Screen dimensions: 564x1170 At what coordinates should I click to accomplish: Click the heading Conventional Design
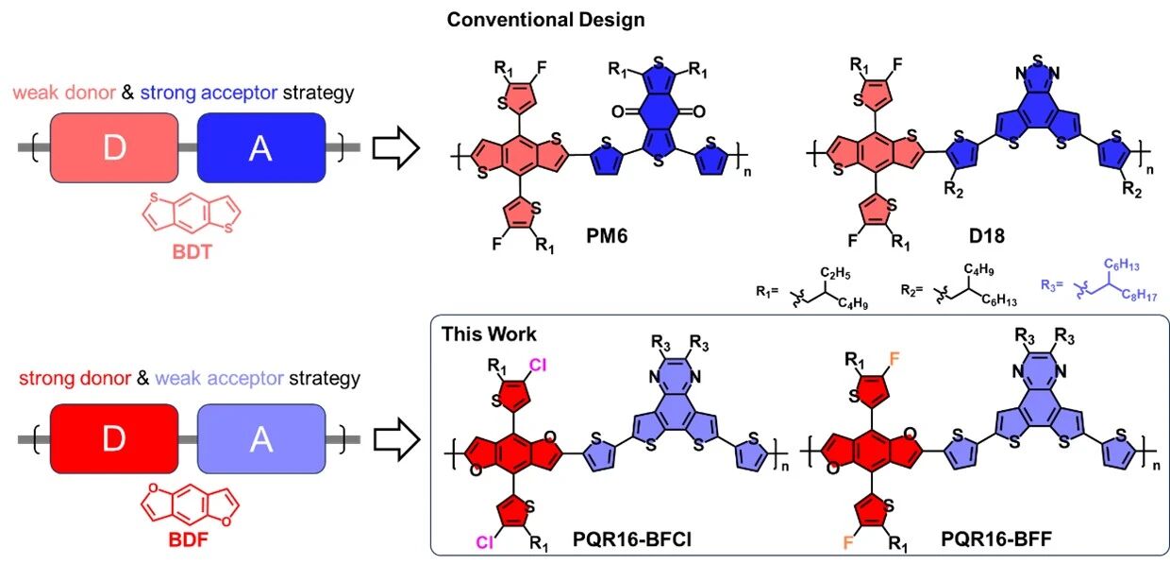coord(546,19)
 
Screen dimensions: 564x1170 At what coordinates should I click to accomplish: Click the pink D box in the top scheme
coord(113,148)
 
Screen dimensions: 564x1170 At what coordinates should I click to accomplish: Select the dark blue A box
coord(260,148)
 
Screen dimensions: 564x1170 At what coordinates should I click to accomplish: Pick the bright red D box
coord(113,437)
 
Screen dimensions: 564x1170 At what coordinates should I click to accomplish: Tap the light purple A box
coord(260,437)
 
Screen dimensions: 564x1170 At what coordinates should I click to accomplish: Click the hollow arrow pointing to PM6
coord(397,149)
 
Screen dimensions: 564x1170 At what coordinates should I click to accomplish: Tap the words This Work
coord(489,333)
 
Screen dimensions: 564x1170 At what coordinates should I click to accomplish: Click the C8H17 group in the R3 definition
coord(1138,294)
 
